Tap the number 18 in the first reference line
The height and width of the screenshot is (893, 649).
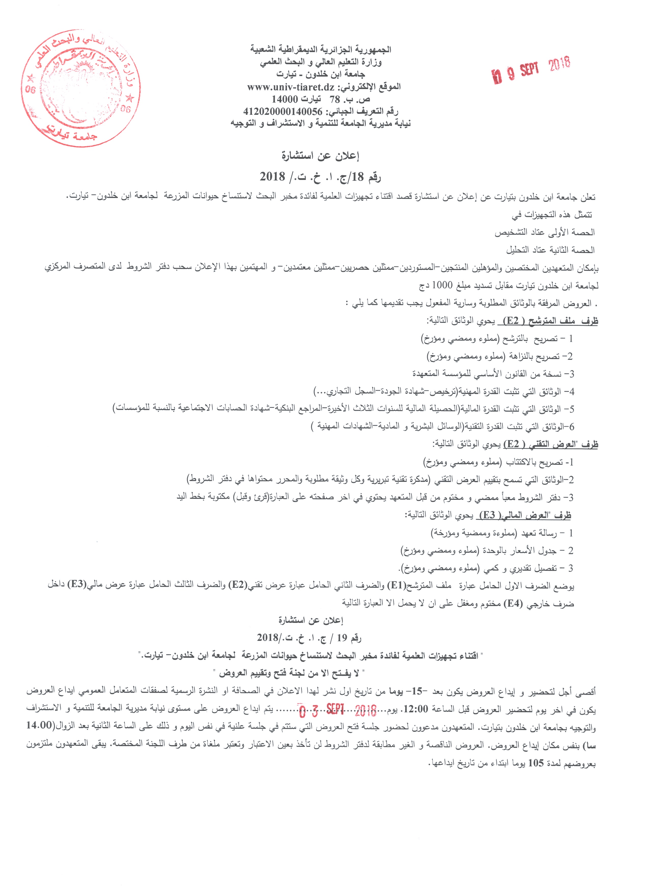[x=358, y=177]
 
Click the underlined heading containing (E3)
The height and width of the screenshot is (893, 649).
[x=524, y=515]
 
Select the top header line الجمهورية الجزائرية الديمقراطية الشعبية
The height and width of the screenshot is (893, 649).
[x=321, y=50]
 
